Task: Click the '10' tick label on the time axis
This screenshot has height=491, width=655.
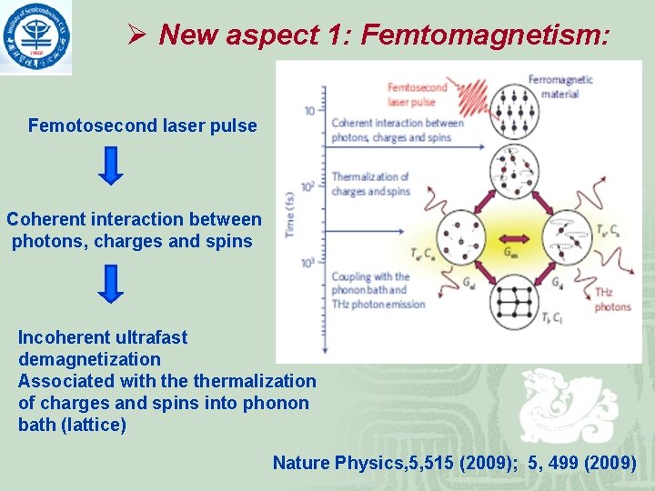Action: pos(309,111)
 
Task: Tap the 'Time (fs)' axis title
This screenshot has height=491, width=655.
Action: pos(289,215)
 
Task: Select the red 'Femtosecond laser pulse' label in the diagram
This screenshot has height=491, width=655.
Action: pos(418,95)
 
